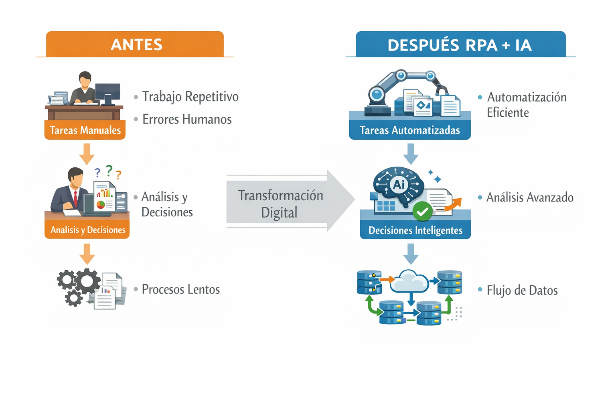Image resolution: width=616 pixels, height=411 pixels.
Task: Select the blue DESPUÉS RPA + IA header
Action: coord(460,45)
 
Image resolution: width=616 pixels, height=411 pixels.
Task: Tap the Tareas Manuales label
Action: coord(85,130)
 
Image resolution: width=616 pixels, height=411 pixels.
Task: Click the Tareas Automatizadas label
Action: coord(409,130)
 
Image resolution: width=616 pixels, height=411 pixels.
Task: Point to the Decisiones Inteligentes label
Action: coord(415,230)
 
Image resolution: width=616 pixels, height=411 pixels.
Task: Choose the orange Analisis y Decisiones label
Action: coord(87,230)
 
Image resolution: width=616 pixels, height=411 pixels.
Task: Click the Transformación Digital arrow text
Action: coord(280,203)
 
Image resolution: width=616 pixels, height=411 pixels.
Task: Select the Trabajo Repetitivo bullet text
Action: coord(190,97)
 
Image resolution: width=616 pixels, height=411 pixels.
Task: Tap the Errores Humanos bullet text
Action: coord(187,119)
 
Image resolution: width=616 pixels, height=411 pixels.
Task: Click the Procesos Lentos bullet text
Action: coord(180,289)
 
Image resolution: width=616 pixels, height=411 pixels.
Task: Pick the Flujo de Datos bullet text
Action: coord(522,290)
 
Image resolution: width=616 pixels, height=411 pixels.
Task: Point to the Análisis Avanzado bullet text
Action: coord(529,197)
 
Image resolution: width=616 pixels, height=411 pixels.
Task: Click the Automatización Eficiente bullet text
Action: coord(526,105)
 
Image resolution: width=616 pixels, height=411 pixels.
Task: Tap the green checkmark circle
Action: coord(422,211)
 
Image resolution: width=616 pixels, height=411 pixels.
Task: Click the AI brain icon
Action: coord(398,185)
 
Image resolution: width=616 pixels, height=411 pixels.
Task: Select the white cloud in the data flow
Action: coord(409,281)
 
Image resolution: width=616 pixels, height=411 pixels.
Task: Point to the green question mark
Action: coord(109,171)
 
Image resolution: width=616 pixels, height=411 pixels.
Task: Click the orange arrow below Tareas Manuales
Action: coord(87,154)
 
